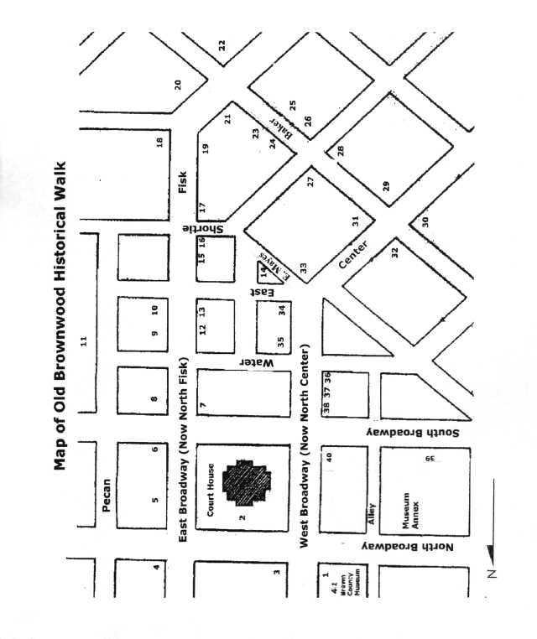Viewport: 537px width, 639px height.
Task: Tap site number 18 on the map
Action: click(x=159, y=142)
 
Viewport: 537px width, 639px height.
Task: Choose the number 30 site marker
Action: click(x=425, y=221)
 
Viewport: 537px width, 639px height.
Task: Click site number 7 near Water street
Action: click(x=202, y=407)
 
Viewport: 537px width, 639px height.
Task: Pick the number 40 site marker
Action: click(x=330, y=457)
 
